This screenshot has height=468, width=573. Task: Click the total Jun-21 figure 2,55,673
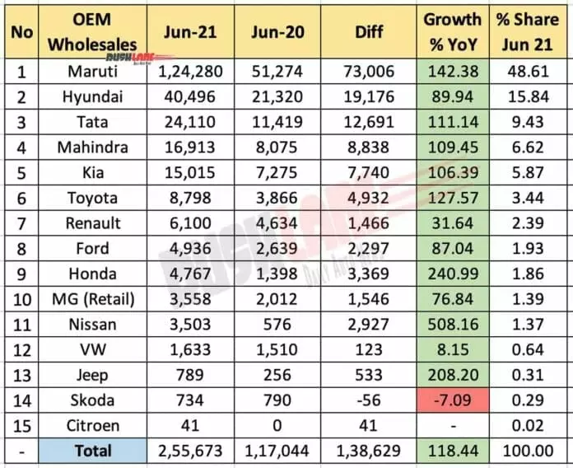pyautogui.click(x=187, y=450)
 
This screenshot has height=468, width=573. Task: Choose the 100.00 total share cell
pyautogui.click(x=531, y=450)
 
